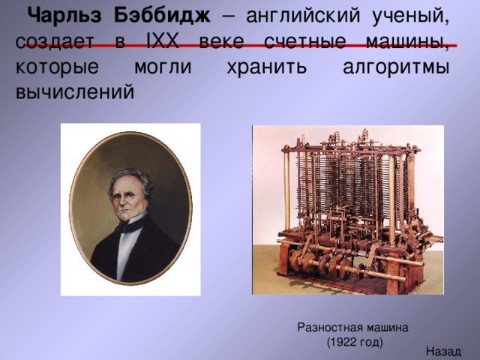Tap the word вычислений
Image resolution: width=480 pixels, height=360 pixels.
point(75,91)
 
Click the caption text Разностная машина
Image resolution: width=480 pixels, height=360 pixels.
point(352,327)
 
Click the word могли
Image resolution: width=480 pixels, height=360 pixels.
point(162,66)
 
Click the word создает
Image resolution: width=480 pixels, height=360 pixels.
point(57,41)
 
